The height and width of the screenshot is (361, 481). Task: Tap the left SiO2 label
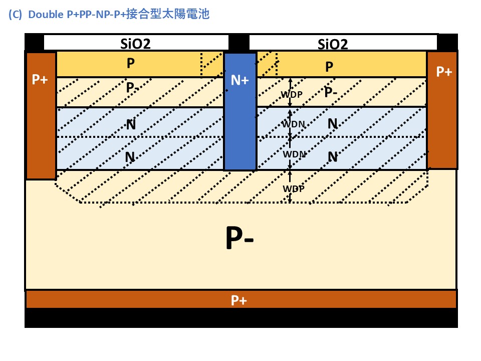pyautogui.click(x=136, y=43)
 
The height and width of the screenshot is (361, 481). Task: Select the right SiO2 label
pyautogui.click(x=333, y=44)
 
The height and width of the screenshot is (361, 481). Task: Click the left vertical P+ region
pyautogui.click(x=40, y=115)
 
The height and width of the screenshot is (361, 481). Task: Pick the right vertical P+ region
pyautogui.click(x=442, y=110)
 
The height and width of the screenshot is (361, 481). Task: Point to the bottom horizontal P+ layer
pyautogui.click(x=241, y=300)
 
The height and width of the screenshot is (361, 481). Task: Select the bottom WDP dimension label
pyautogui.click(x=293, y=189)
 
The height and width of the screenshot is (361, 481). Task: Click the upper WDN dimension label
pyautogui.click(x=293, y=124)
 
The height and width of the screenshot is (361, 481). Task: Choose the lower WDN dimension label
pyautogui.click(x=294, y=154)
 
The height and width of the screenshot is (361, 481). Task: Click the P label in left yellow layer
pyautogui.click(x=130, y=64)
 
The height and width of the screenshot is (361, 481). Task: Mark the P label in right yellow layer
pyautogui.click(x=329, y=67)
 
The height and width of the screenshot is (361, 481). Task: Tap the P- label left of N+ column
pyautogui.click(x=133, y=88)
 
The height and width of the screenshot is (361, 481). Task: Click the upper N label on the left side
pyautogui.click(x=131, y=124)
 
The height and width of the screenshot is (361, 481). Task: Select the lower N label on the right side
pyautogui.click(x=332, y=157)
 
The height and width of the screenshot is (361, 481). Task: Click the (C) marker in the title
pyautogui.click(x=16, y=14)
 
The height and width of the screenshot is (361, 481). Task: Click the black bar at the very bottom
pyautogui.click(x=241, y=318)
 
